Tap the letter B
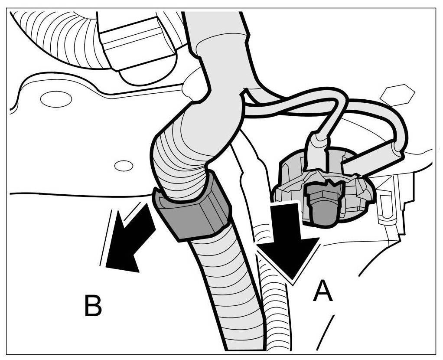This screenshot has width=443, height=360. tap(93, 305)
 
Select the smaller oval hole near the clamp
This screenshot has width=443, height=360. tap(124, 165)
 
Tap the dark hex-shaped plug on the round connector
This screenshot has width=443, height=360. tap(322, 203)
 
